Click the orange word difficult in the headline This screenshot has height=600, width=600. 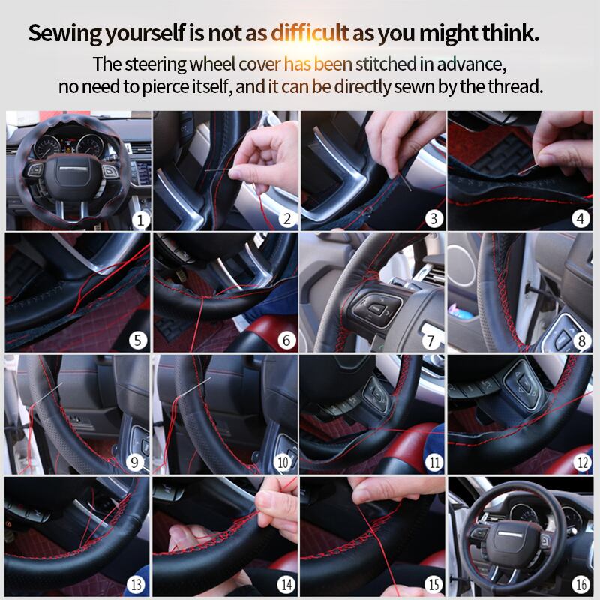310,33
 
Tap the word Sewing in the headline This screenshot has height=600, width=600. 65,34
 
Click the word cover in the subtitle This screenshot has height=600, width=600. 259,64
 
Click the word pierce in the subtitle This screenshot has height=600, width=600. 166,87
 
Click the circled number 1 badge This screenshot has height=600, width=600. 140,220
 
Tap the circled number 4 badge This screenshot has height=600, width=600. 580,218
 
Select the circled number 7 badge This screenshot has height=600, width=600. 430,340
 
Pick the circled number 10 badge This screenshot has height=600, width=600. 283,462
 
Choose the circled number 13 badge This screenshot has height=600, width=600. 136,584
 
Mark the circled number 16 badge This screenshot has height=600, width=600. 580,584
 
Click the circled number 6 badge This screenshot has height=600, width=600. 286,340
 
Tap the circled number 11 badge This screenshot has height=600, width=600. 434,462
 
